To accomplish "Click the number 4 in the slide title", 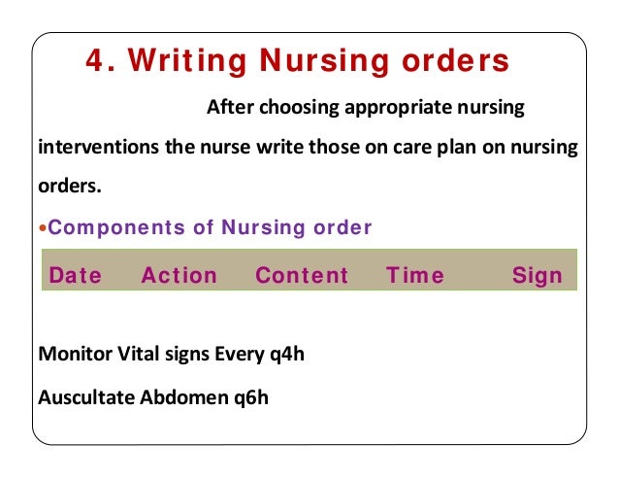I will pyautogui.click(x=94, y=61).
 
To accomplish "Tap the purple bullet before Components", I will pyautogui.click(x=42, y=230).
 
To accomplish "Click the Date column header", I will pyautogui.click(x=75, y=276).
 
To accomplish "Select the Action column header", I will pyautogui.click(x=179, y=276).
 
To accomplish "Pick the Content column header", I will pyautogui.click(x=302, y=276).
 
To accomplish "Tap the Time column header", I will pyautogui.click(x=415, y=276).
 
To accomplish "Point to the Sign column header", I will pyautogui.click(x=537, y=276).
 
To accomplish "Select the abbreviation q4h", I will pyautogui.click(x=285, y=353).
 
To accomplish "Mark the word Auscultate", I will pyautogui.click(x=83, y=397).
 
